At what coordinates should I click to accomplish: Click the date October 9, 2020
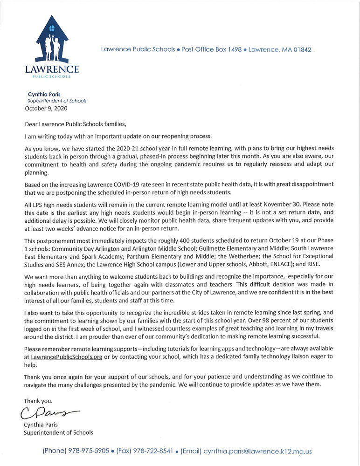tap(46, 109)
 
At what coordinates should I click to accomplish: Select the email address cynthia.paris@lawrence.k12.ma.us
tap(257, 451)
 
